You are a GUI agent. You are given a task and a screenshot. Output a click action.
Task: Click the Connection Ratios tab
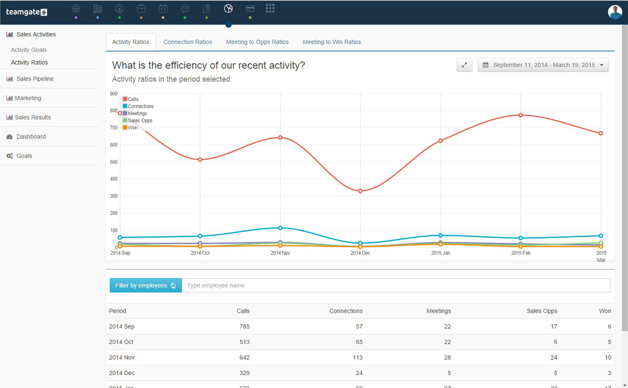point(187,42)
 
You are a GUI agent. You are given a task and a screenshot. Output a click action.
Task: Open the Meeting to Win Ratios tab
point(332,42)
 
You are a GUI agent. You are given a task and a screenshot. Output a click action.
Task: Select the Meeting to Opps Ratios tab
point(257,42)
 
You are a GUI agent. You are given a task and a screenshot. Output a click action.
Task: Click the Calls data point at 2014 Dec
point(360,191)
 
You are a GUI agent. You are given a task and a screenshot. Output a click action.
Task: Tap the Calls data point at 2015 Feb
point(521,115)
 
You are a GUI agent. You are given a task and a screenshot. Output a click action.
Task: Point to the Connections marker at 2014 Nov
point(280,228)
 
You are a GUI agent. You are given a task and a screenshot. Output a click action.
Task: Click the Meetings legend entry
point(137,113)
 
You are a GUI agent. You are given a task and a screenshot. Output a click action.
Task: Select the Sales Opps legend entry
point(139,121)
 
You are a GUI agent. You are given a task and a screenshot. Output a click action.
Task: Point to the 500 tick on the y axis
point(114,162)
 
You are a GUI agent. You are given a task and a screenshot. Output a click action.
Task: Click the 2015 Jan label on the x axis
point(441,253)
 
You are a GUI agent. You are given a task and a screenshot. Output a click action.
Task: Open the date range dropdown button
point(543,65)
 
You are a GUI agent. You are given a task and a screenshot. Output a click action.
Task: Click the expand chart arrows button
point(464,65)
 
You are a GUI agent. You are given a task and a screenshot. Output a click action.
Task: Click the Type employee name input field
point(395,285)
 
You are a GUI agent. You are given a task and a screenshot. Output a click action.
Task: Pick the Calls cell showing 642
point(244,357)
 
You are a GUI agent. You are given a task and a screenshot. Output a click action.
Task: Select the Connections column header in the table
point(346,311)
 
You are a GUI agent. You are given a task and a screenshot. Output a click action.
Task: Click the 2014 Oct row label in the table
point(121,342)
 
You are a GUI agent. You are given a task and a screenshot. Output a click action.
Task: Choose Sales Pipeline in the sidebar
point(34,79)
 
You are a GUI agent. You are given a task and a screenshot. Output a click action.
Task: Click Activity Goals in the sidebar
point(29,50)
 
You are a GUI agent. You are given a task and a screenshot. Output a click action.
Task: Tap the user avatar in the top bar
point(614,12)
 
